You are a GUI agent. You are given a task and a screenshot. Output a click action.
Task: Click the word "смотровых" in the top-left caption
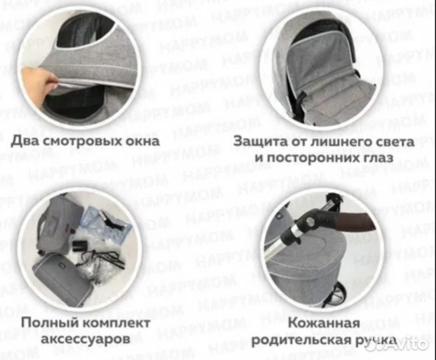79,141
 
